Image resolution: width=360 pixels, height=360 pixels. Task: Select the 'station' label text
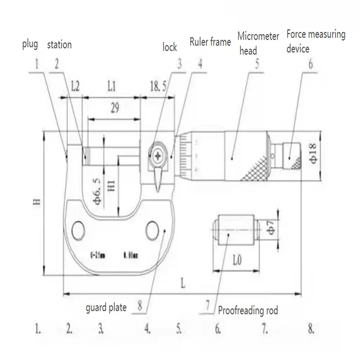[59, 45]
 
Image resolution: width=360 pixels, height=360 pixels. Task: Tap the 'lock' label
[170, 47]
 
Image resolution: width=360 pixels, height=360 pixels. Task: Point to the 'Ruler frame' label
[210, 42]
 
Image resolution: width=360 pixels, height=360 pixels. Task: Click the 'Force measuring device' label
[315, 40]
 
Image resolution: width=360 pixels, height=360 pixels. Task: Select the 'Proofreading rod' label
[248, 310]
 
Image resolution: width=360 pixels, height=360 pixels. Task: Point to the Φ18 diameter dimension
[313, 155]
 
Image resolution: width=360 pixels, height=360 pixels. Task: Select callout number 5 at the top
[257, 63]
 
